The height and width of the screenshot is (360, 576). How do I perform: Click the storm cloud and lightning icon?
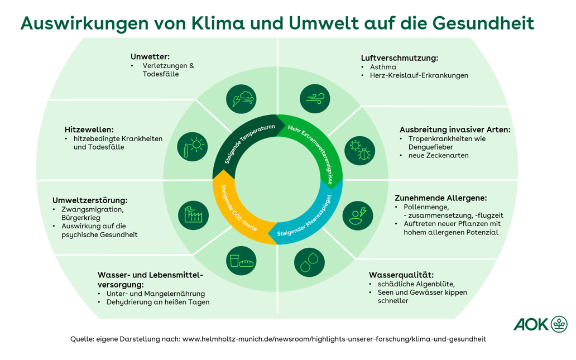241,99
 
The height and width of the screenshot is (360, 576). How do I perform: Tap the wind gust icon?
314,99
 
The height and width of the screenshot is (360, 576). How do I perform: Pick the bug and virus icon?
359,150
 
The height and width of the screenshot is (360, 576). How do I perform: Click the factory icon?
193,214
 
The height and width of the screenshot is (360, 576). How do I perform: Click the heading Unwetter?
150,56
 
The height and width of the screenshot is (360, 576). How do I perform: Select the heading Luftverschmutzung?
399,58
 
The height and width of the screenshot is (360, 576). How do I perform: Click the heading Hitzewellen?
89,129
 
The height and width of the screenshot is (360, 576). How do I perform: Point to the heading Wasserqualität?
401,275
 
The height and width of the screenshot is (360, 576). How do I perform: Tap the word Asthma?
383,67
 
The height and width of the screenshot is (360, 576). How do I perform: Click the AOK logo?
540,324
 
